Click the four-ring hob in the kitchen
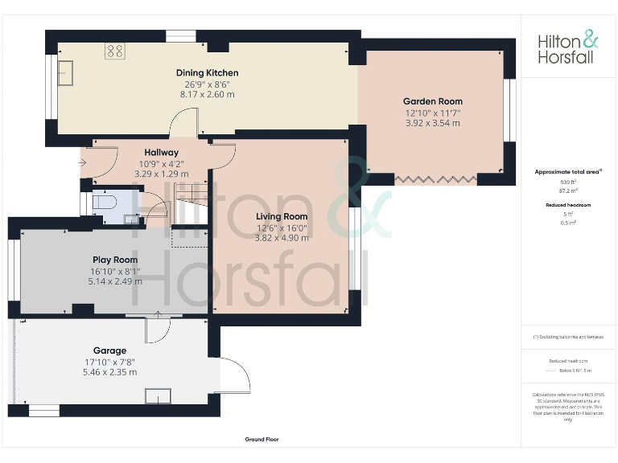coord(114,51)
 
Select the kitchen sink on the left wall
coord(65,73)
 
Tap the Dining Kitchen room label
coord(207,73)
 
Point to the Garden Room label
coord(433,101)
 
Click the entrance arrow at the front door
coord(84,162)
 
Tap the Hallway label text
coord(161,152)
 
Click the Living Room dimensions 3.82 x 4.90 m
coord(282,237)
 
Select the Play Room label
coord(114,260)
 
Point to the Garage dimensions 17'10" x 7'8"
coord(109,362)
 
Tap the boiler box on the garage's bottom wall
coord(157,395)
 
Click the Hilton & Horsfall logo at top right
coord(568,48)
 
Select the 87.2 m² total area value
coord(568,191)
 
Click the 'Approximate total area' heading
coord(568,172)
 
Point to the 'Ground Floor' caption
coord(262,440)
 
